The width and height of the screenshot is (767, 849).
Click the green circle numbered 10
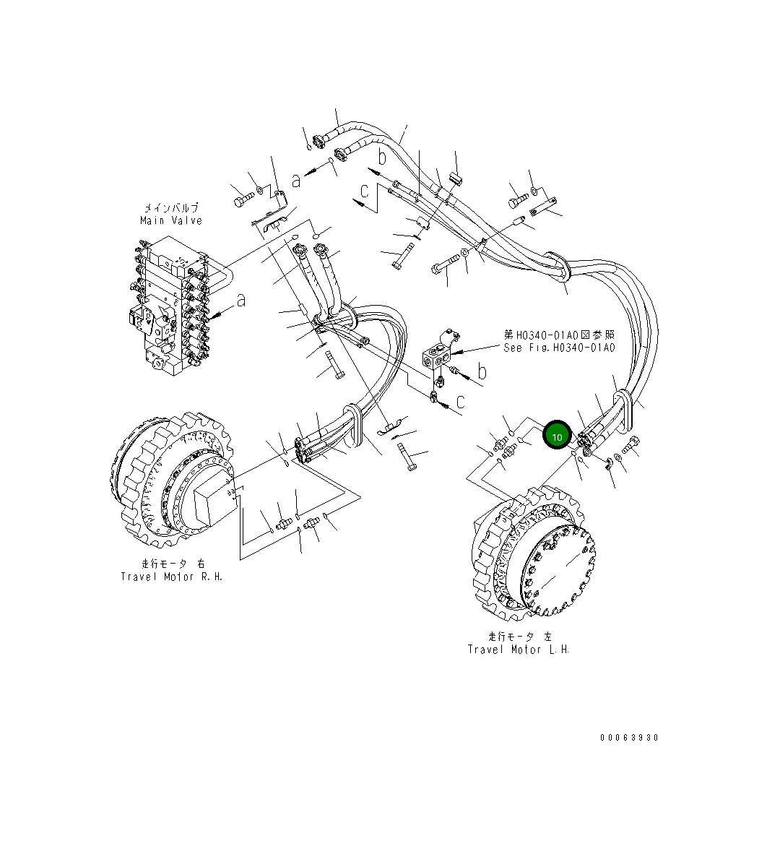[557, 436]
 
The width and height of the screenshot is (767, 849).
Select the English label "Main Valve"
[171, 220]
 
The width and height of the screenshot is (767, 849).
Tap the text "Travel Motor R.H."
[172, 577]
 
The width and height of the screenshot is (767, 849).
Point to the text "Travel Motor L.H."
[519, 649]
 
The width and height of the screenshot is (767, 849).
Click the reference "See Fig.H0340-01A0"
[559, 348]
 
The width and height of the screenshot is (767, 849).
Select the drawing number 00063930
[629, 738]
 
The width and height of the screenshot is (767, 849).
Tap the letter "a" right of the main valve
[240, 300]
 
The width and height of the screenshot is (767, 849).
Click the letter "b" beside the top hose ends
[382, 157]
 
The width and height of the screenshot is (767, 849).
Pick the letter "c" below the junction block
[460, 401]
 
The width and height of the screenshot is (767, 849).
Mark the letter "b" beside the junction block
[482, 372]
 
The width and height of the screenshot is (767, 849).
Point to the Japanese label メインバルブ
[171, 208]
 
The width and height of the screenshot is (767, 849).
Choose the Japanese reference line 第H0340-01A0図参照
[560, 335]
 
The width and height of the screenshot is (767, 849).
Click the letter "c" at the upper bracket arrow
[365, 191]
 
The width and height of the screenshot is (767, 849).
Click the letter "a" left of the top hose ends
[295, 180]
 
